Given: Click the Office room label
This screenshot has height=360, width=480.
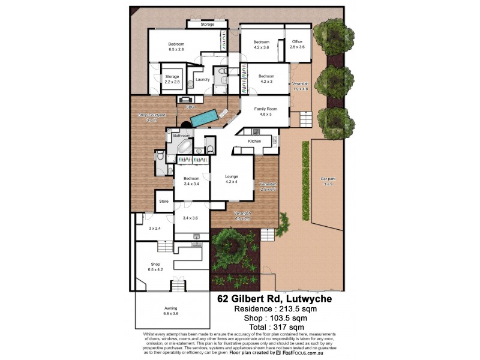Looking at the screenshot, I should tap(298, 41).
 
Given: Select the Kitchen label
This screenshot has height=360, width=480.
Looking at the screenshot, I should tap(255, 142).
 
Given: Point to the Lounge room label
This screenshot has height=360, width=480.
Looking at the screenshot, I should tap(232, 176).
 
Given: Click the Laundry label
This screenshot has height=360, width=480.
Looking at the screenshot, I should tap(202, 80).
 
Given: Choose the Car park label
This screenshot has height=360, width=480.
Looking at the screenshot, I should tap(326, 179).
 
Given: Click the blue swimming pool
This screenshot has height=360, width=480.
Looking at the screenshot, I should tap(208, 116).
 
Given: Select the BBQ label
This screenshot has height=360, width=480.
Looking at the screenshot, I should tap(190, 107).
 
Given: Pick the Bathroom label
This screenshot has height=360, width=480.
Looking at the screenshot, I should tap(182, 136).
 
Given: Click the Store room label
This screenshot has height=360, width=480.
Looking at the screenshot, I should tap(164, 202).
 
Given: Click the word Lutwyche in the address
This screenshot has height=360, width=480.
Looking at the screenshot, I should tap(308, 299).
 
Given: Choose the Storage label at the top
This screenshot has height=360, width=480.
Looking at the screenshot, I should tap(208, 25).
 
